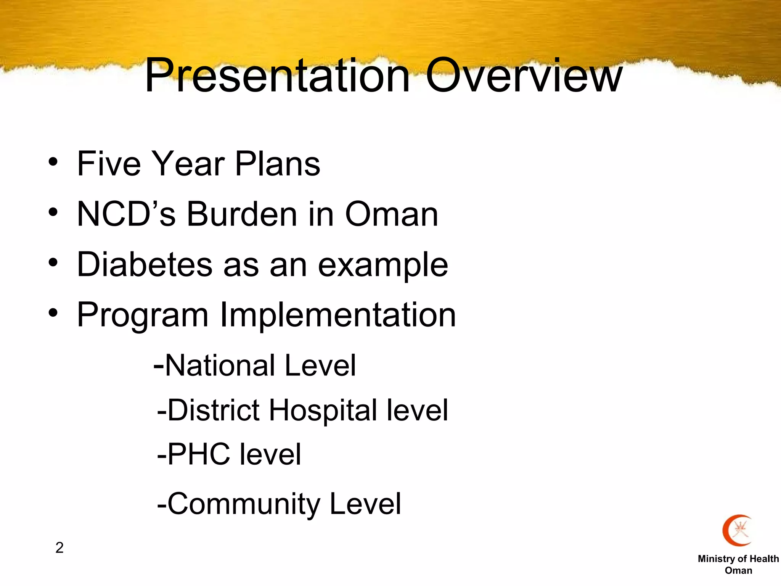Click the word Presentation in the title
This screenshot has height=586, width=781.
tap(277, 75)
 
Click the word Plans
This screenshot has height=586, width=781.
tap(277, 164)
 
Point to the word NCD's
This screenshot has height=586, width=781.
tap(126, 214)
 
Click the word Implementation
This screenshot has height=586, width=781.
tap(338, 315)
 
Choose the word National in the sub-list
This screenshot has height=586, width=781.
tap(220, 365)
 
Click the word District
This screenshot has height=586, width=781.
tap(214, 410)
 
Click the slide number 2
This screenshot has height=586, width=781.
tap(59, 547)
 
